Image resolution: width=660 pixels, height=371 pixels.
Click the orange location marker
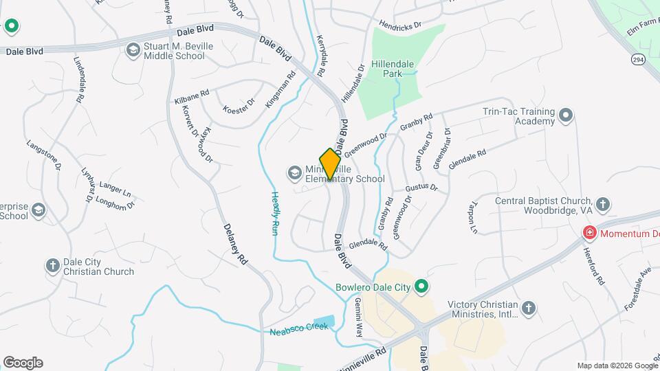click(x=330, y=164)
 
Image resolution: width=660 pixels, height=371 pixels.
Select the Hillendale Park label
click(x=392, y=68)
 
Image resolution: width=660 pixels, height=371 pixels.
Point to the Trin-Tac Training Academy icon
click(x=566, y=115)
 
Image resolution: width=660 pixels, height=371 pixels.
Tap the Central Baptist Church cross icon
click(x=602, y=204)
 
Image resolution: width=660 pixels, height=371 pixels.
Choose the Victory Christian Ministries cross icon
click(x=528, y=308)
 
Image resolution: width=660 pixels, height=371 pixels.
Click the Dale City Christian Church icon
click(x=52, y=265)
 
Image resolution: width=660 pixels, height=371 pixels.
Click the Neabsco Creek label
click(x=298, y=329)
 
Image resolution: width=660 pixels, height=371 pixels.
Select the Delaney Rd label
click(x=235, y=245)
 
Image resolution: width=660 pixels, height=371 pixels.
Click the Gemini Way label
click(x=358, y=317)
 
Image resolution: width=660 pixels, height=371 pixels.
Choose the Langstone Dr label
click(x=44, y=155)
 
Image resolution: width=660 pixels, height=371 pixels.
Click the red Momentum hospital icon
click(x=589, y=234)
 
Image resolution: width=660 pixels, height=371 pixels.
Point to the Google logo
click(x=23, y=363)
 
